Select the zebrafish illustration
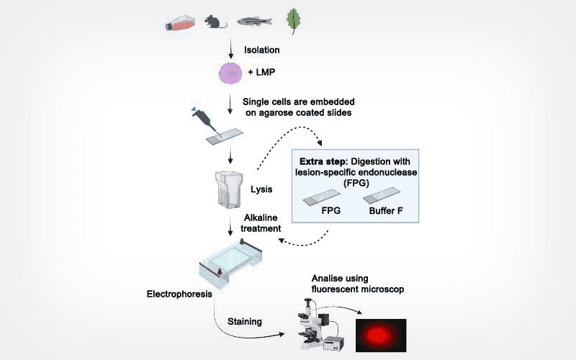(x=256, y=22)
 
